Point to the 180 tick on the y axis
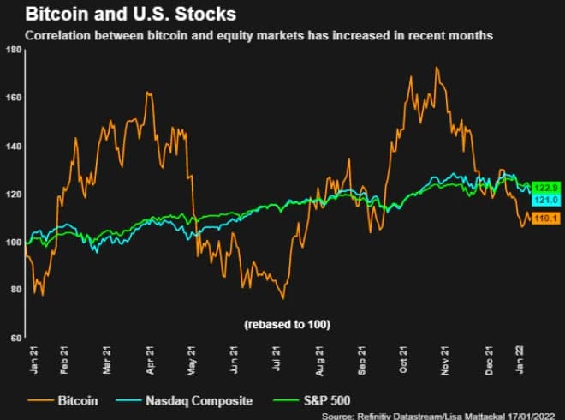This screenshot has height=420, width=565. pos(13,50)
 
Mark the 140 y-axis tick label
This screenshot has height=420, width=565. pos(13,146)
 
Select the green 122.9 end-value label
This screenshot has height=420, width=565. pos(545,188)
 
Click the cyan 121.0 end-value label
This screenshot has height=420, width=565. pos(545,200)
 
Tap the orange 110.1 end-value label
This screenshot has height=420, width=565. pos(545,220)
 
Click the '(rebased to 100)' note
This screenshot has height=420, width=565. pos(288,324)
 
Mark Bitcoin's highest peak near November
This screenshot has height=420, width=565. pos(437,68)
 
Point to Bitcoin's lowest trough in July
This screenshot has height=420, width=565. pos(283,299)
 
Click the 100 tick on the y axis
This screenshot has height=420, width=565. pos(13,242)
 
